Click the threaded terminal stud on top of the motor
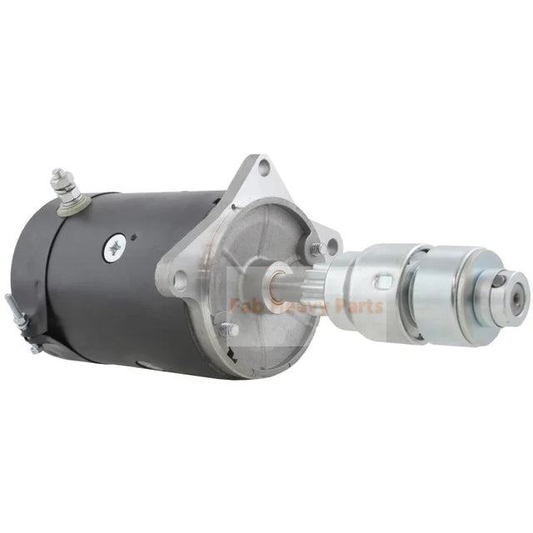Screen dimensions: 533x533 pos(59,178)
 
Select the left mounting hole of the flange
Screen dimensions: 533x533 pos(180,281)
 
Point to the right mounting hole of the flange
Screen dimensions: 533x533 pos(332,246)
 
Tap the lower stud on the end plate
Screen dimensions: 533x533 pos(226,329)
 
